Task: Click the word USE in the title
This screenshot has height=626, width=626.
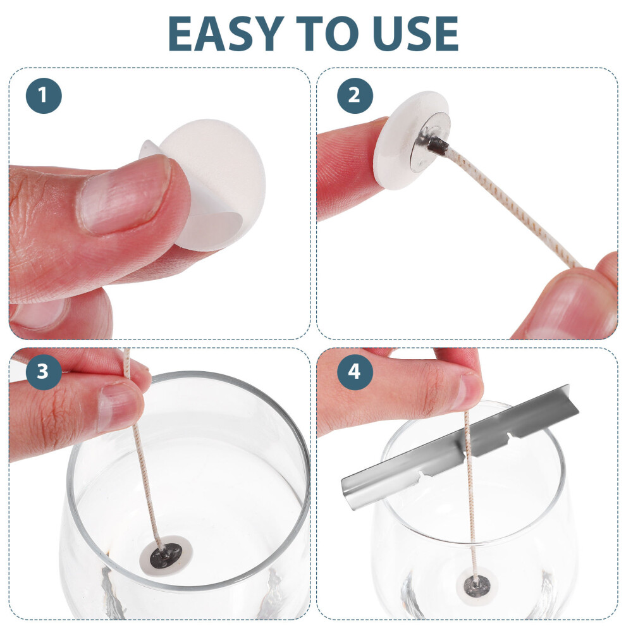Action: click(417, 34)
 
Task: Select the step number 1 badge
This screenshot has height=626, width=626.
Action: click(44, 95)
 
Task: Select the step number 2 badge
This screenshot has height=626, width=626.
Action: click(355, 95)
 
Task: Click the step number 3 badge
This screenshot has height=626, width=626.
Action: click(44, 372)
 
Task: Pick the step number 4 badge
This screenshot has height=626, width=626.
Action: click(355, 372)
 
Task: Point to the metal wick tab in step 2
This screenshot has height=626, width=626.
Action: click(429, 142)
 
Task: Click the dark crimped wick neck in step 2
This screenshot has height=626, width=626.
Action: click(438, 144)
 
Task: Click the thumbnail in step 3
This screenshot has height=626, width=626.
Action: click(120, 407)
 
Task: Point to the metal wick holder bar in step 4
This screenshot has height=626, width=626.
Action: click(459, 447)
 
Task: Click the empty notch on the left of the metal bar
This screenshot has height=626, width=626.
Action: click(424, 475)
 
